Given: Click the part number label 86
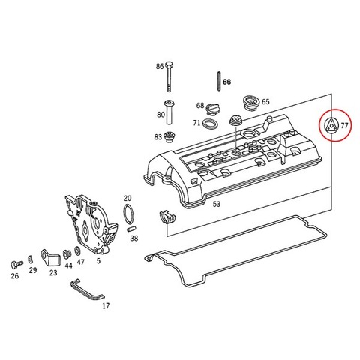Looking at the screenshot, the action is [160, 66].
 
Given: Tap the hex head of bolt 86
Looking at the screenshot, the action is [169, 64].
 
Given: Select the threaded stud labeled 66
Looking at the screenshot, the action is [219, 81].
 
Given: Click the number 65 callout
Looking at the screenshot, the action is [265, 102].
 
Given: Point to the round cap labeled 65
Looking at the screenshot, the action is [251, 103].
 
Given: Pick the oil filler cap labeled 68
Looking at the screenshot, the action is [212, 109].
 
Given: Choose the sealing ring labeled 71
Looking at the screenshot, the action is [210, 124].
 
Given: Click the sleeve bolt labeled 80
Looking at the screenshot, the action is [170, 112].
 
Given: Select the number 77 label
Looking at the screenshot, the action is [344, 125].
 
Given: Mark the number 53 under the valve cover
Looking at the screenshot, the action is [217, 204].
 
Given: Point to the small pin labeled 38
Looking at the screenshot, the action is [131, 229].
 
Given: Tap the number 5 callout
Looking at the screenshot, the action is [98, 261].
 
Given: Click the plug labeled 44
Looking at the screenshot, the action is [67, 254].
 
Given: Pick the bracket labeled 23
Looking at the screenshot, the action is [51, 258].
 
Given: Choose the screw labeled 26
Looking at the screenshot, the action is [16, 264].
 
